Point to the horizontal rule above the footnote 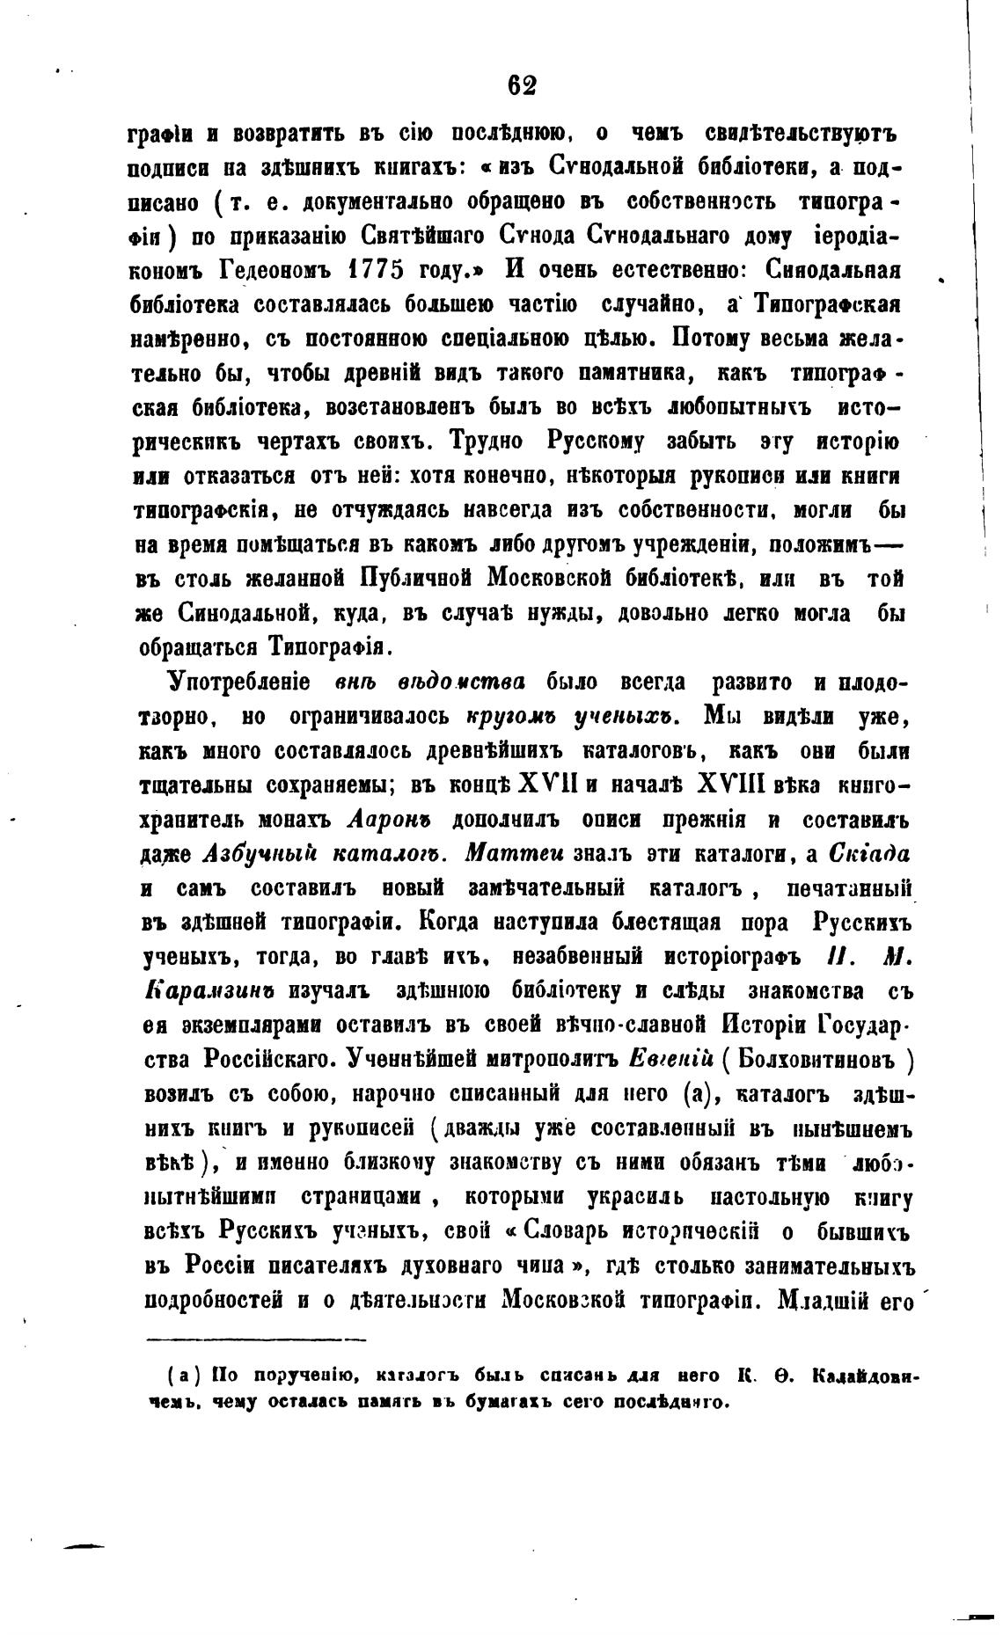click(x=255, y=1316)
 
